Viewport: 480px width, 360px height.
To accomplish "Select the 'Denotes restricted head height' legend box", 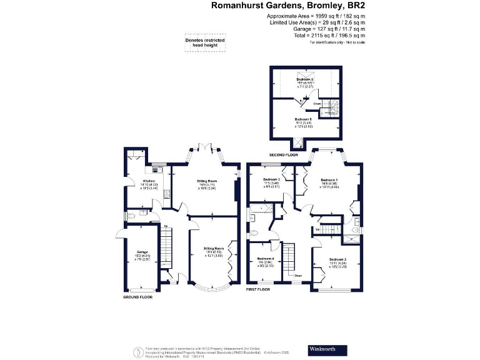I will pyautogui.click(x=204, y=42).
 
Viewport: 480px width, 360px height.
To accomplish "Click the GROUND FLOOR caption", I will pyautogui.click(x=138, y=297).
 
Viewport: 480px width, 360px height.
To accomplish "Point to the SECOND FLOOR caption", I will pyautogui.click(x=284, y=154).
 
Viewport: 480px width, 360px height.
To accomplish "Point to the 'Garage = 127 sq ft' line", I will pyautogui.click(x=328, y=29).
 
